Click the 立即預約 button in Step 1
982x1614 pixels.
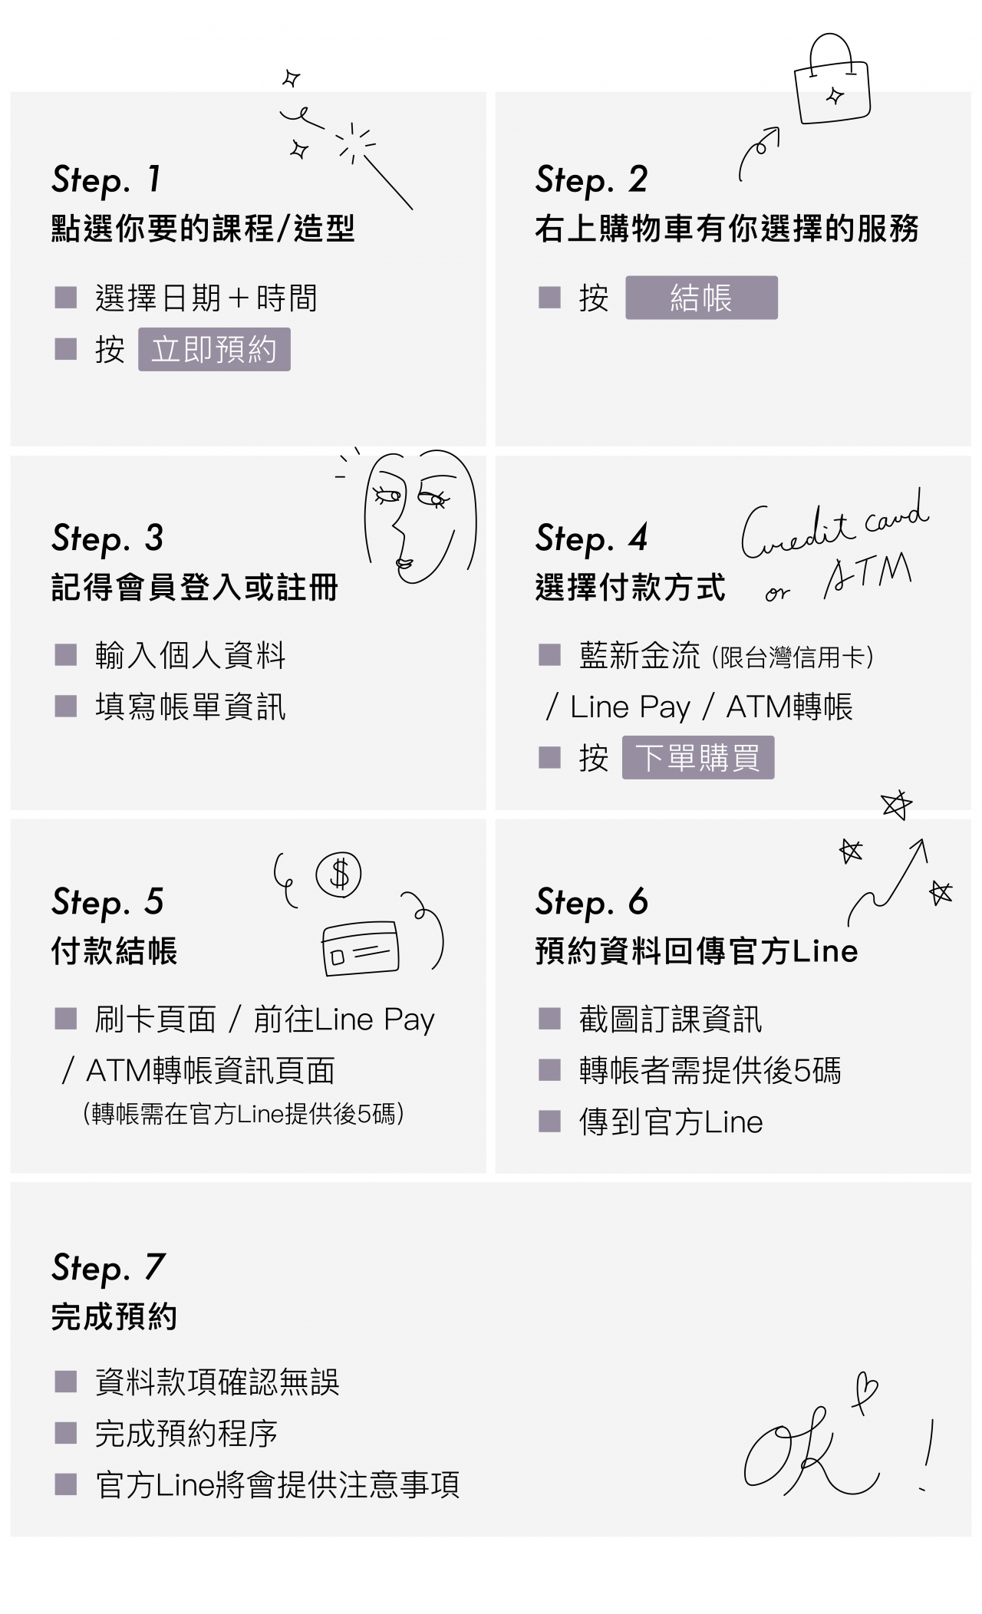(214, 349)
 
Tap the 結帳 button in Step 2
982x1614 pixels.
(701, 298)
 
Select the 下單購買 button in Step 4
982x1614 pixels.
(698, 758)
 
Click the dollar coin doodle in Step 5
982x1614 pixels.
(338, 875)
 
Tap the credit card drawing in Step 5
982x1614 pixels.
(361, 948)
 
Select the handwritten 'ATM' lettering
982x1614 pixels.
(868, 575)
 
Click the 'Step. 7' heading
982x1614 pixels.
(108, 1268)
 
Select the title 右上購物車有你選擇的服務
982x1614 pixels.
(727, 229)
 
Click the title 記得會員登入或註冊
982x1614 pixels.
(195, 588)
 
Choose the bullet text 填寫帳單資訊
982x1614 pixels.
(190, 707)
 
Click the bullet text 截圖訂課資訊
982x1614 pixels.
(671, 1019)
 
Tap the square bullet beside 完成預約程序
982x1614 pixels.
(66, 1432)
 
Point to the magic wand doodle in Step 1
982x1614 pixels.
(387, 183)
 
